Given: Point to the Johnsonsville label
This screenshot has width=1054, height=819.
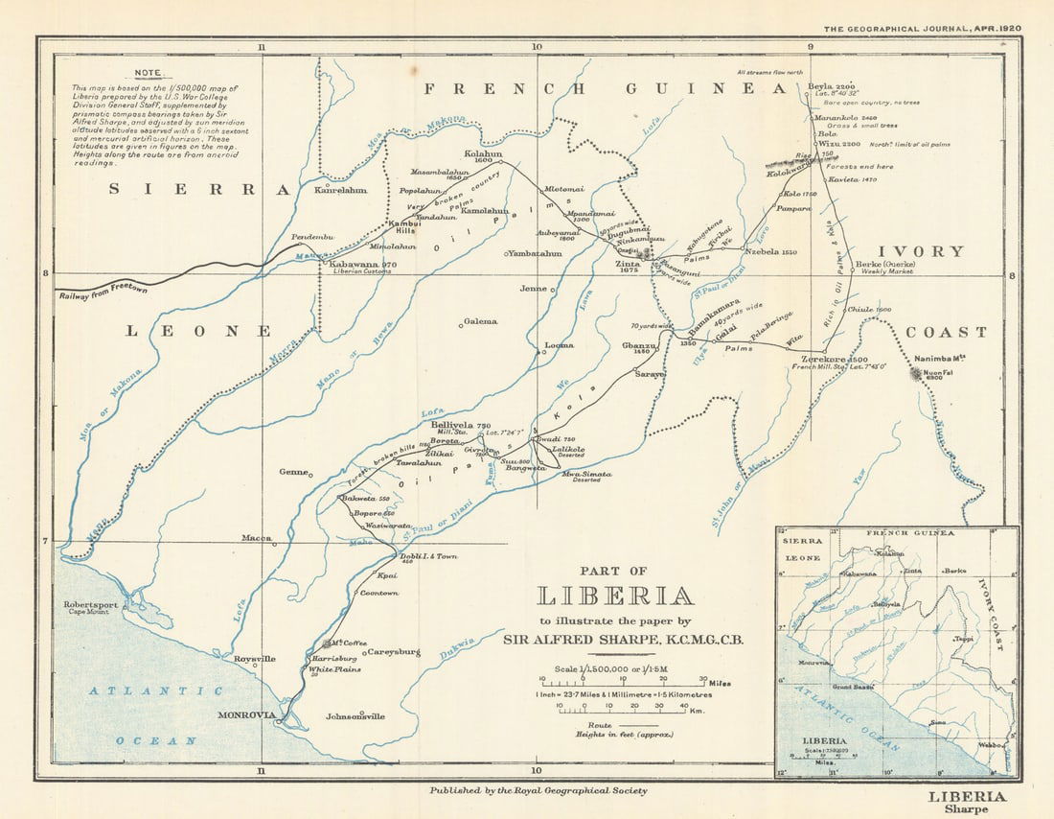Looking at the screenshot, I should [355, 715].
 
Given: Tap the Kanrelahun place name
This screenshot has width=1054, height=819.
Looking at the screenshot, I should [340, 190].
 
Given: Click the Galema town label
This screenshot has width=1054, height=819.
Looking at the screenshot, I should [481, 322].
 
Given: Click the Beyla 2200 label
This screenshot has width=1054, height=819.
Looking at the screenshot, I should [830, 85].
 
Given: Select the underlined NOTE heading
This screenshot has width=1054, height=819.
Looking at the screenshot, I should [149, 72].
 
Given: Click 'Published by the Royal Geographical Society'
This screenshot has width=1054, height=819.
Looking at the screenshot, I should [538, 790].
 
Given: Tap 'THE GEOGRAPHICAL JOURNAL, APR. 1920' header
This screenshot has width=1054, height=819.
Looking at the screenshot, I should [922, 29].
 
